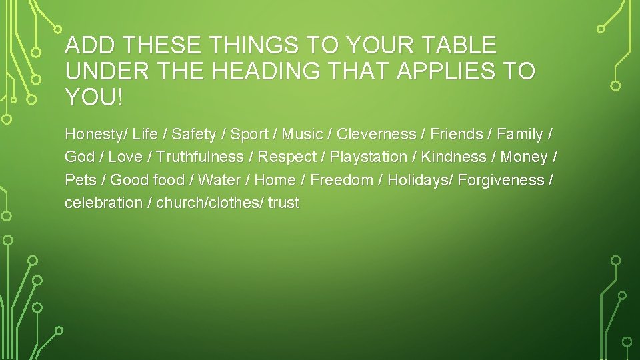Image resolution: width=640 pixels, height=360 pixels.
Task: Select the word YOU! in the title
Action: coord(94,98)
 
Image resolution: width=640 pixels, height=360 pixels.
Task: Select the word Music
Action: coord(302,135)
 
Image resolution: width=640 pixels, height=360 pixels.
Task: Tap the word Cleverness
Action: coord(376,135)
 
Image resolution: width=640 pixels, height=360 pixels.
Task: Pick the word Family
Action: coord(520,135)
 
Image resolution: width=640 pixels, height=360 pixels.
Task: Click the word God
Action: coord(79,157)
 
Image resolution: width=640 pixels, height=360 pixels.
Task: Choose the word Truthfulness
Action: coord(200,157)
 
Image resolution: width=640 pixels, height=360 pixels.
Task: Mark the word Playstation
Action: coord(369,157)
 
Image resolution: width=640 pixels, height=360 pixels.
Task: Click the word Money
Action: coord(524,157)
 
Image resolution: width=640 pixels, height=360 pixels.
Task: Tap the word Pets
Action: coord(80,180)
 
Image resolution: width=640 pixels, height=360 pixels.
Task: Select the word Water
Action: coord(219,180)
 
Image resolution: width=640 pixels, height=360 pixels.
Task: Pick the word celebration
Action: coord(103,203)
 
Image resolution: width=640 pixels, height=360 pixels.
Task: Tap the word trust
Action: coord(283,203)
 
